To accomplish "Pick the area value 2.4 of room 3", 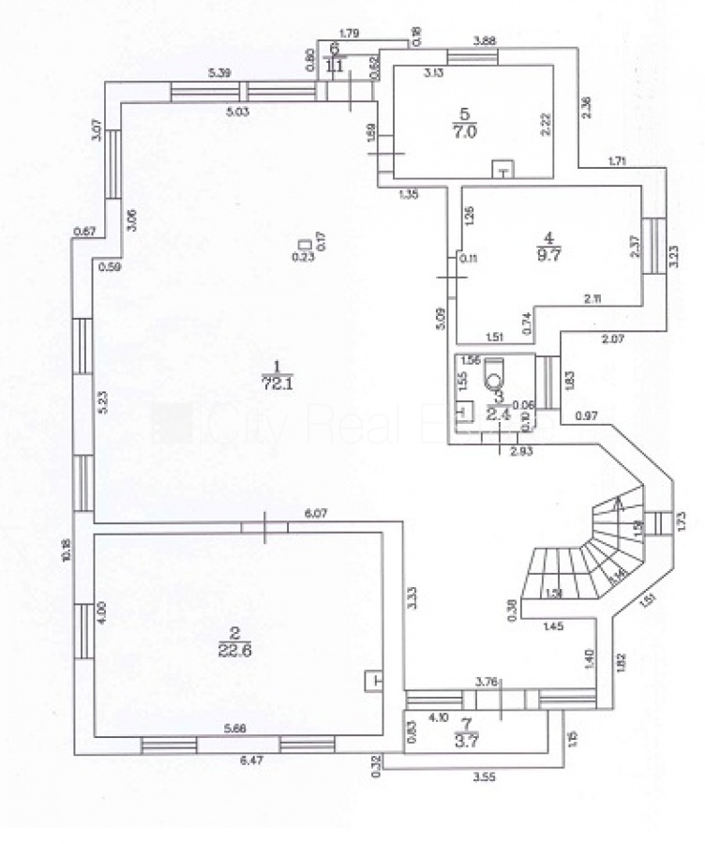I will point(498,409).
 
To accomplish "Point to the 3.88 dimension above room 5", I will point(484,40).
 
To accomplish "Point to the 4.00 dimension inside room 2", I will point(103,614).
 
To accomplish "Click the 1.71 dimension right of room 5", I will point(617,161).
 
